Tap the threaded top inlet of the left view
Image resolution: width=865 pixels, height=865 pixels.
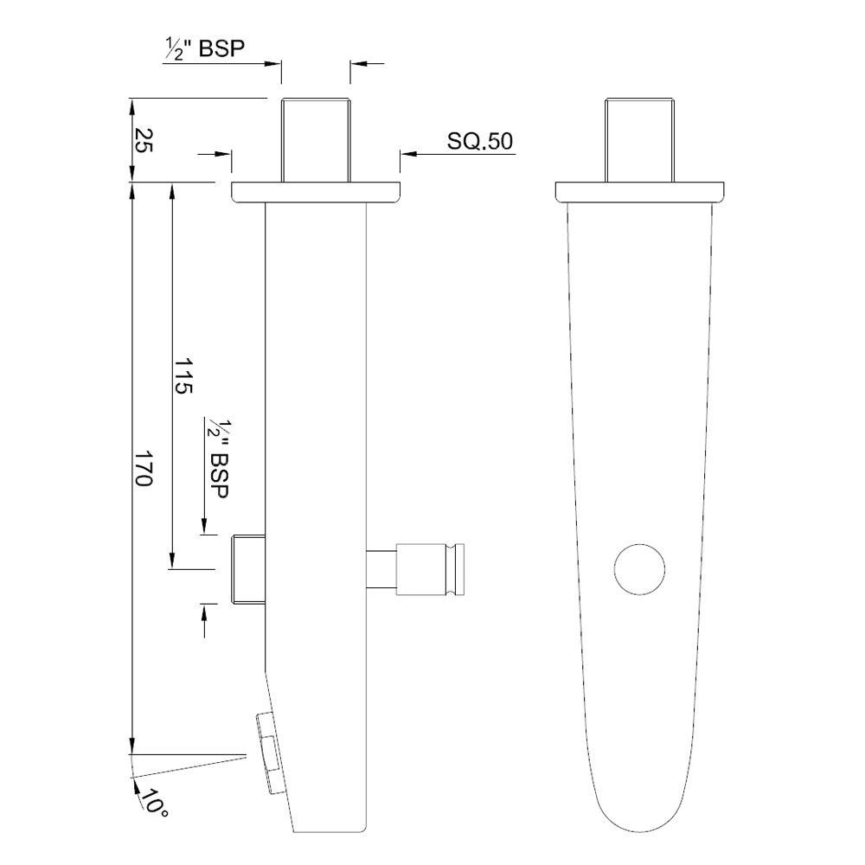[315, 140]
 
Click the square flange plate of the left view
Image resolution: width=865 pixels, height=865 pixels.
[316, 192]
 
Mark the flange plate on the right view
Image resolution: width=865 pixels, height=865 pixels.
[639, 192]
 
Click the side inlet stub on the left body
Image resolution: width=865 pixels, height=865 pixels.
[247, 568]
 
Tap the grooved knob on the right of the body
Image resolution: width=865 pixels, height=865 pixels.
[432, 570]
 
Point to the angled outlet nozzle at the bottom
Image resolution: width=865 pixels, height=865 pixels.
[271, 752]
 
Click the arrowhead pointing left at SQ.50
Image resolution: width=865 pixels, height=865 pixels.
[407, 154]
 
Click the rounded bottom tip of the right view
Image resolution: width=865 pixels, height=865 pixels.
[638, 826]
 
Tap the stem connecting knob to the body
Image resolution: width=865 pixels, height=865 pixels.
[381, 570]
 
